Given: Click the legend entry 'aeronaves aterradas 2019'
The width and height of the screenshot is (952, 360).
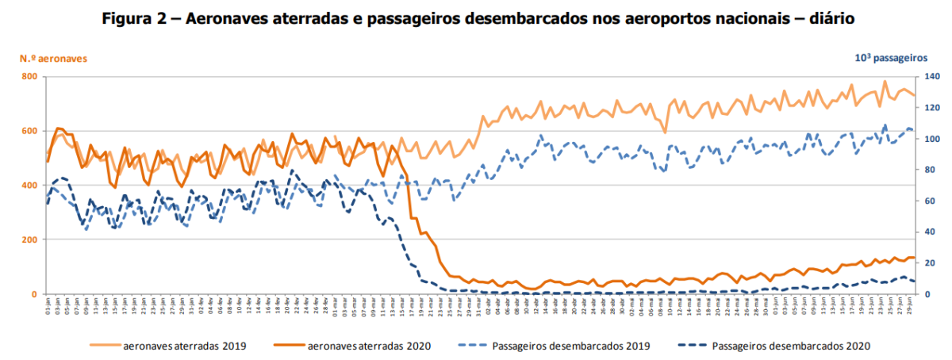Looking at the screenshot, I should pos(184,346).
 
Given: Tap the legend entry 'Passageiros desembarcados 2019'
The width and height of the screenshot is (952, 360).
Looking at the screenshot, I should pos(571,346).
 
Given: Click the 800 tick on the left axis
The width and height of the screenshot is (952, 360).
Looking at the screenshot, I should pos(29,77).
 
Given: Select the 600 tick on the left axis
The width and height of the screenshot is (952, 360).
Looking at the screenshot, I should pos(29,131).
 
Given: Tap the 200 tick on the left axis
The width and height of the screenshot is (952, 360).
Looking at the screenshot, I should pos(29,239).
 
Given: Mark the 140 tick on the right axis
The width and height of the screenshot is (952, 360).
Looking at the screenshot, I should pos(931,77).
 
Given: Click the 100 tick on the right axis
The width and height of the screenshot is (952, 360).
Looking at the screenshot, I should pos(931,139).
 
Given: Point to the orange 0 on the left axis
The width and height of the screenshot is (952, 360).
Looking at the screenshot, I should pos(35,294).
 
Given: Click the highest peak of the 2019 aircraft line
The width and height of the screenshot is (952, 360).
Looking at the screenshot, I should pos(885,81).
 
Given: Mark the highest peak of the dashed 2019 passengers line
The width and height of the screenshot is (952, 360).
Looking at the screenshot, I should pos(885,124).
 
